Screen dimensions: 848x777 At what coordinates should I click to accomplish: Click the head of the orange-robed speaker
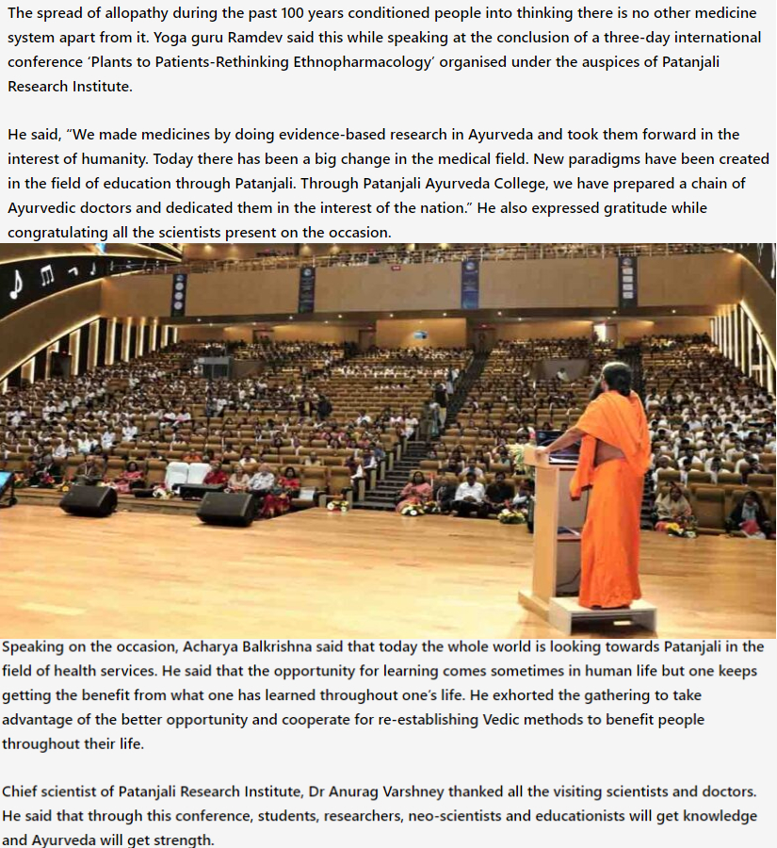point(617,380)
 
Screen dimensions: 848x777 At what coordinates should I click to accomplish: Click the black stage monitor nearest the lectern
point(225,508)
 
